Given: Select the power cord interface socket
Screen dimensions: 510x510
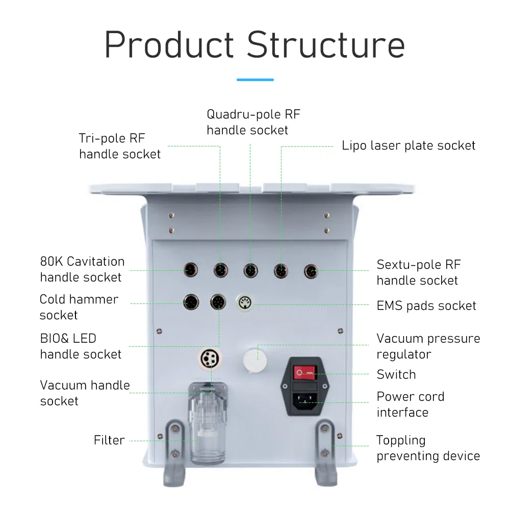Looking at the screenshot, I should pyautogui.click(x=305, y=402).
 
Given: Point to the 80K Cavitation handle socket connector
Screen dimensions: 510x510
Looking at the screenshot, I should pyautogui.click(x=190, y=270).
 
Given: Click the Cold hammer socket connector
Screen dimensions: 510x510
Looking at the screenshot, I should pyautogui.click(x=190, y=303).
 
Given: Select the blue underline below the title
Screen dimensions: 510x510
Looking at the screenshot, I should pyautogui.click(x=255, y=80).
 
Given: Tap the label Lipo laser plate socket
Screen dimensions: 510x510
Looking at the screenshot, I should pyautogui.click(x=409, y=146).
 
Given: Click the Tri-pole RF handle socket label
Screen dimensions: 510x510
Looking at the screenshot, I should pyautogui.click(x=120, y=146).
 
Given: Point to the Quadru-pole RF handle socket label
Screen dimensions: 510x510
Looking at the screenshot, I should pyautogui.click(x=253, y=122).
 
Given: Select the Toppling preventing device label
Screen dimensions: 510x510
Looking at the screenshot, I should pyautogui.click(x=428, y=448).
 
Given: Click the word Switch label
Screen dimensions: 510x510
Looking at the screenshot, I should pyautogui.click(x=396, y=374).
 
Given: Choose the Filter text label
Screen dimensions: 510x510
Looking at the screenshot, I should pyautogui.click(x=109, y=440).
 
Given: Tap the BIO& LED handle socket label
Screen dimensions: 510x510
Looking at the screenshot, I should pyautogui.click(x=81, y=346).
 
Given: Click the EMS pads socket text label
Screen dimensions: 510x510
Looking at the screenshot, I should pyautogui.click(x=426, y=306).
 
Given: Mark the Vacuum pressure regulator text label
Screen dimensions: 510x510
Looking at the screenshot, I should pyautogui.click(x=428, y=346).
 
